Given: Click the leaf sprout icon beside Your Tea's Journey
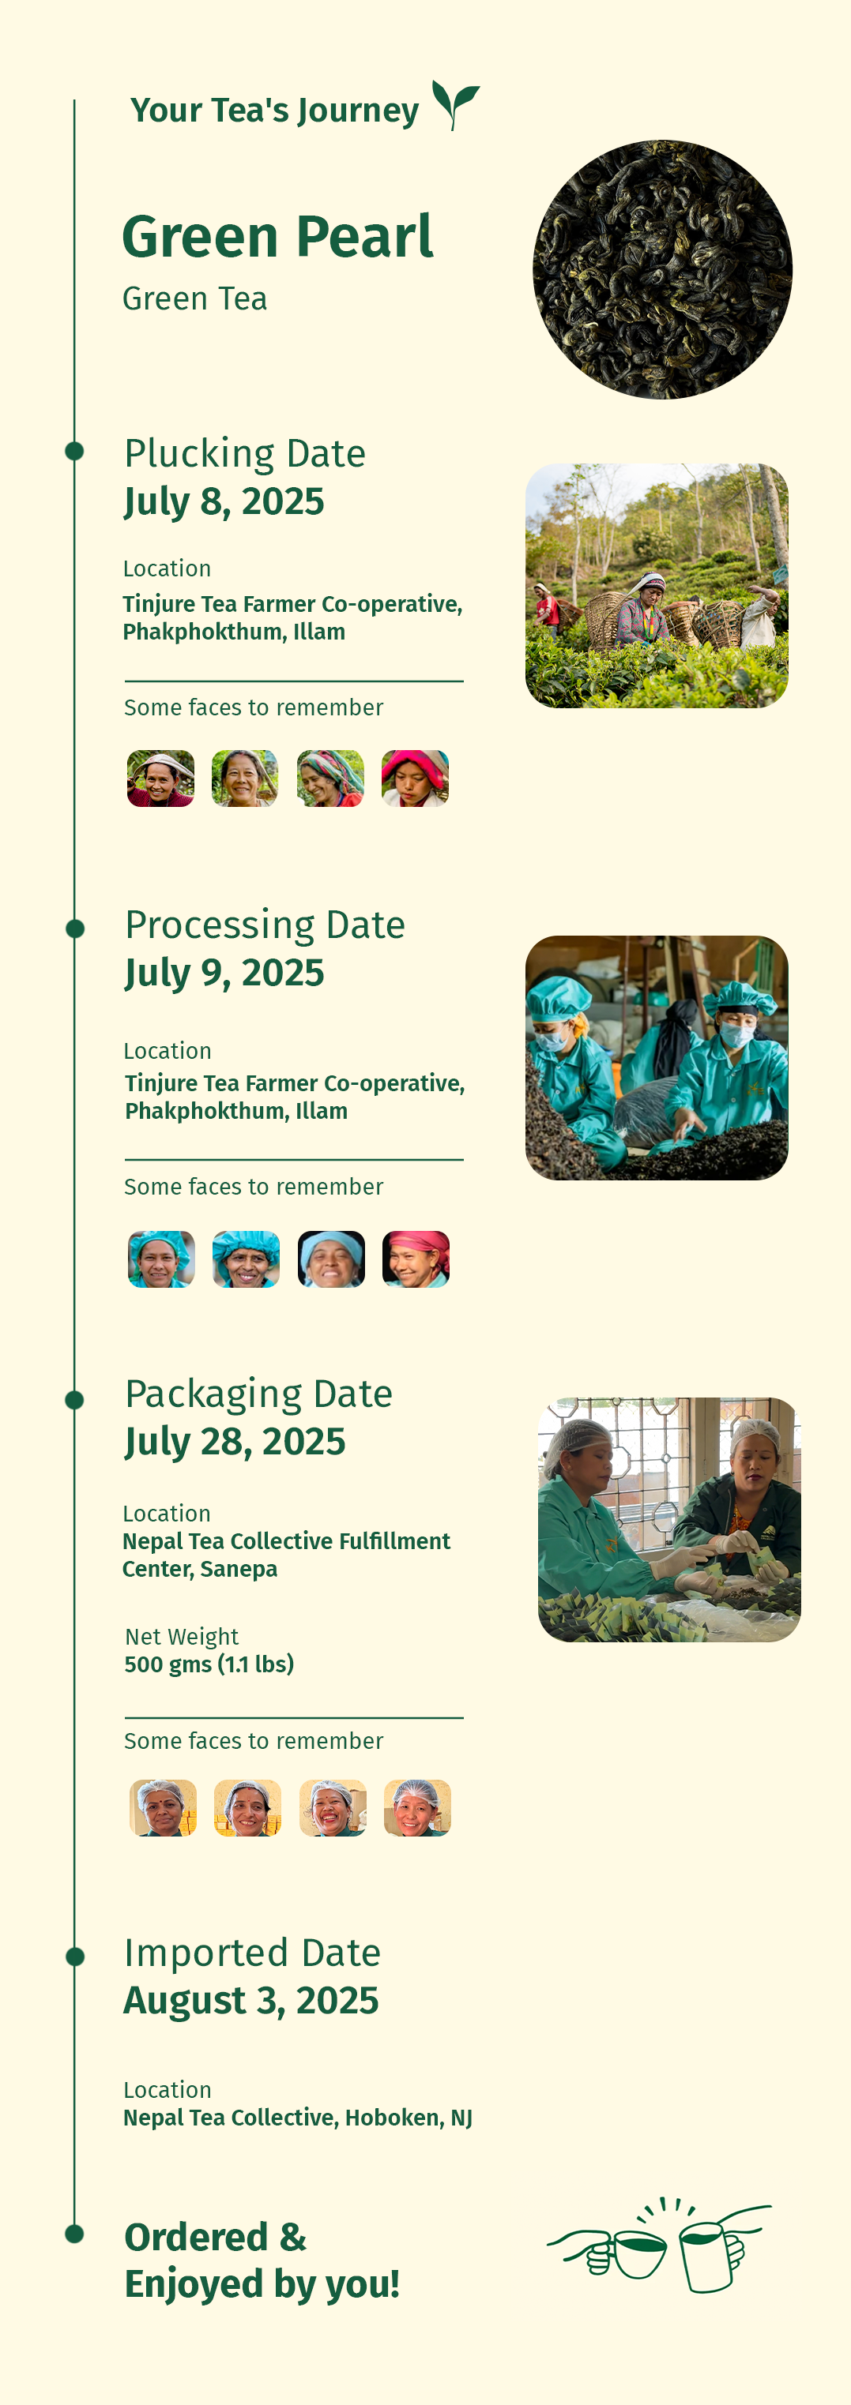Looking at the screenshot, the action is [455, 104].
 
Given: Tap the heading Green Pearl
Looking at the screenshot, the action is [277, 236].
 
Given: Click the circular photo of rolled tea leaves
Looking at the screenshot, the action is [662, 270].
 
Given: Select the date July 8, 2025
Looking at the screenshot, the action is [224, 502].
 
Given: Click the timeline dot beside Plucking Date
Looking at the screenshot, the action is [75, 451].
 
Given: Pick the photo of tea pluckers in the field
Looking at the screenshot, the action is [657, 585].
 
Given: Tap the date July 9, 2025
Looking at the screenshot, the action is [224, 974].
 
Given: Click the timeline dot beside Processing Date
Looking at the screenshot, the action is [75, 928].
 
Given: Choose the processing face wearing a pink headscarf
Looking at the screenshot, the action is [416, 1259].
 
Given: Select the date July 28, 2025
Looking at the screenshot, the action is [235, 1443].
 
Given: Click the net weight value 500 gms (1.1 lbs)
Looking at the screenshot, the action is [209, 1664].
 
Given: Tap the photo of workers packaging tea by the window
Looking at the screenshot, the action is [668, 1519].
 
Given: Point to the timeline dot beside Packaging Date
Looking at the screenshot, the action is [75, 1399].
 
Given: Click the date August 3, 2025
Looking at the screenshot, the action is [251, 2001].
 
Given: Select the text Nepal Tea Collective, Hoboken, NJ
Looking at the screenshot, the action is [298, 2118].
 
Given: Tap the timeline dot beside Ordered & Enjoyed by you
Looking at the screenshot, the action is [75, 2233].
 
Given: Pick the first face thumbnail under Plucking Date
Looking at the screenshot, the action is [160, 778].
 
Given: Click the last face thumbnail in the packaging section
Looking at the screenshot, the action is [417, 1807].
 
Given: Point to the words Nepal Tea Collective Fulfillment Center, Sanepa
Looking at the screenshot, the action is [287, 1555].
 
